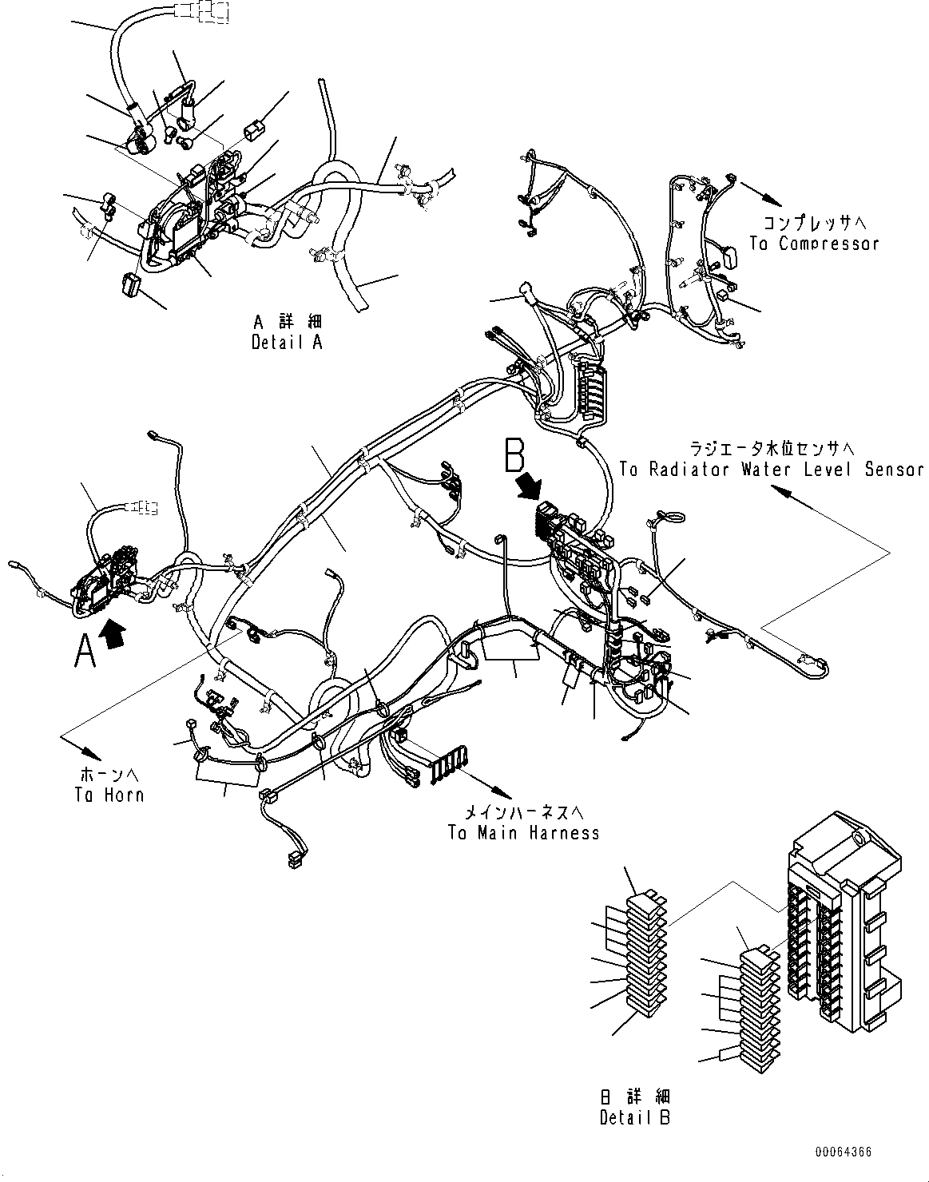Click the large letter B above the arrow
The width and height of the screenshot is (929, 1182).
(x=514, y=455)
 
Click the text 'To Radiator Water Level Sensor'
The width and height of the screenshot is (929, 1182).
(x=771, y=470)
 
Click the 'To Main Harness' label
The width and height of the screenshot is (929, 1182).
(x=523, y=833)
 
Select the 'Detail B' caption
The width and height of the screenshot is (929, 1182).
(x=635, y=1117)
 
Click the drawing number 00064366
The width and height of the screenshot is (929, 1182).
(x=844, y=1152)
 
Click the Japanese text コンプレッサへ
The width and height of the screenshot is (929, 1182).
(x=814, y=223)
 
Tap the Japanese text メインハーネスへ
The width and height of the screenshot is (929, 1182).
(x=525, y=813)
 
